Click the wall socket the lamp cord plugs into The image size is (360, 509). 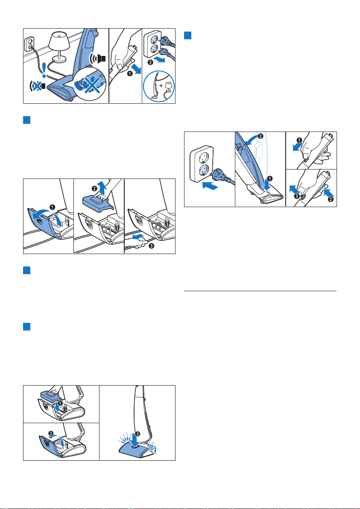click(x=29, y=43)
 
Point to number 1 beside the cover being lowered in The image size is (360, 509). click(x=60, y=403)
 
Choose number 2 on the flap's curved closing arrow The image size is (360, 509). click(x=52, y=433)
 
